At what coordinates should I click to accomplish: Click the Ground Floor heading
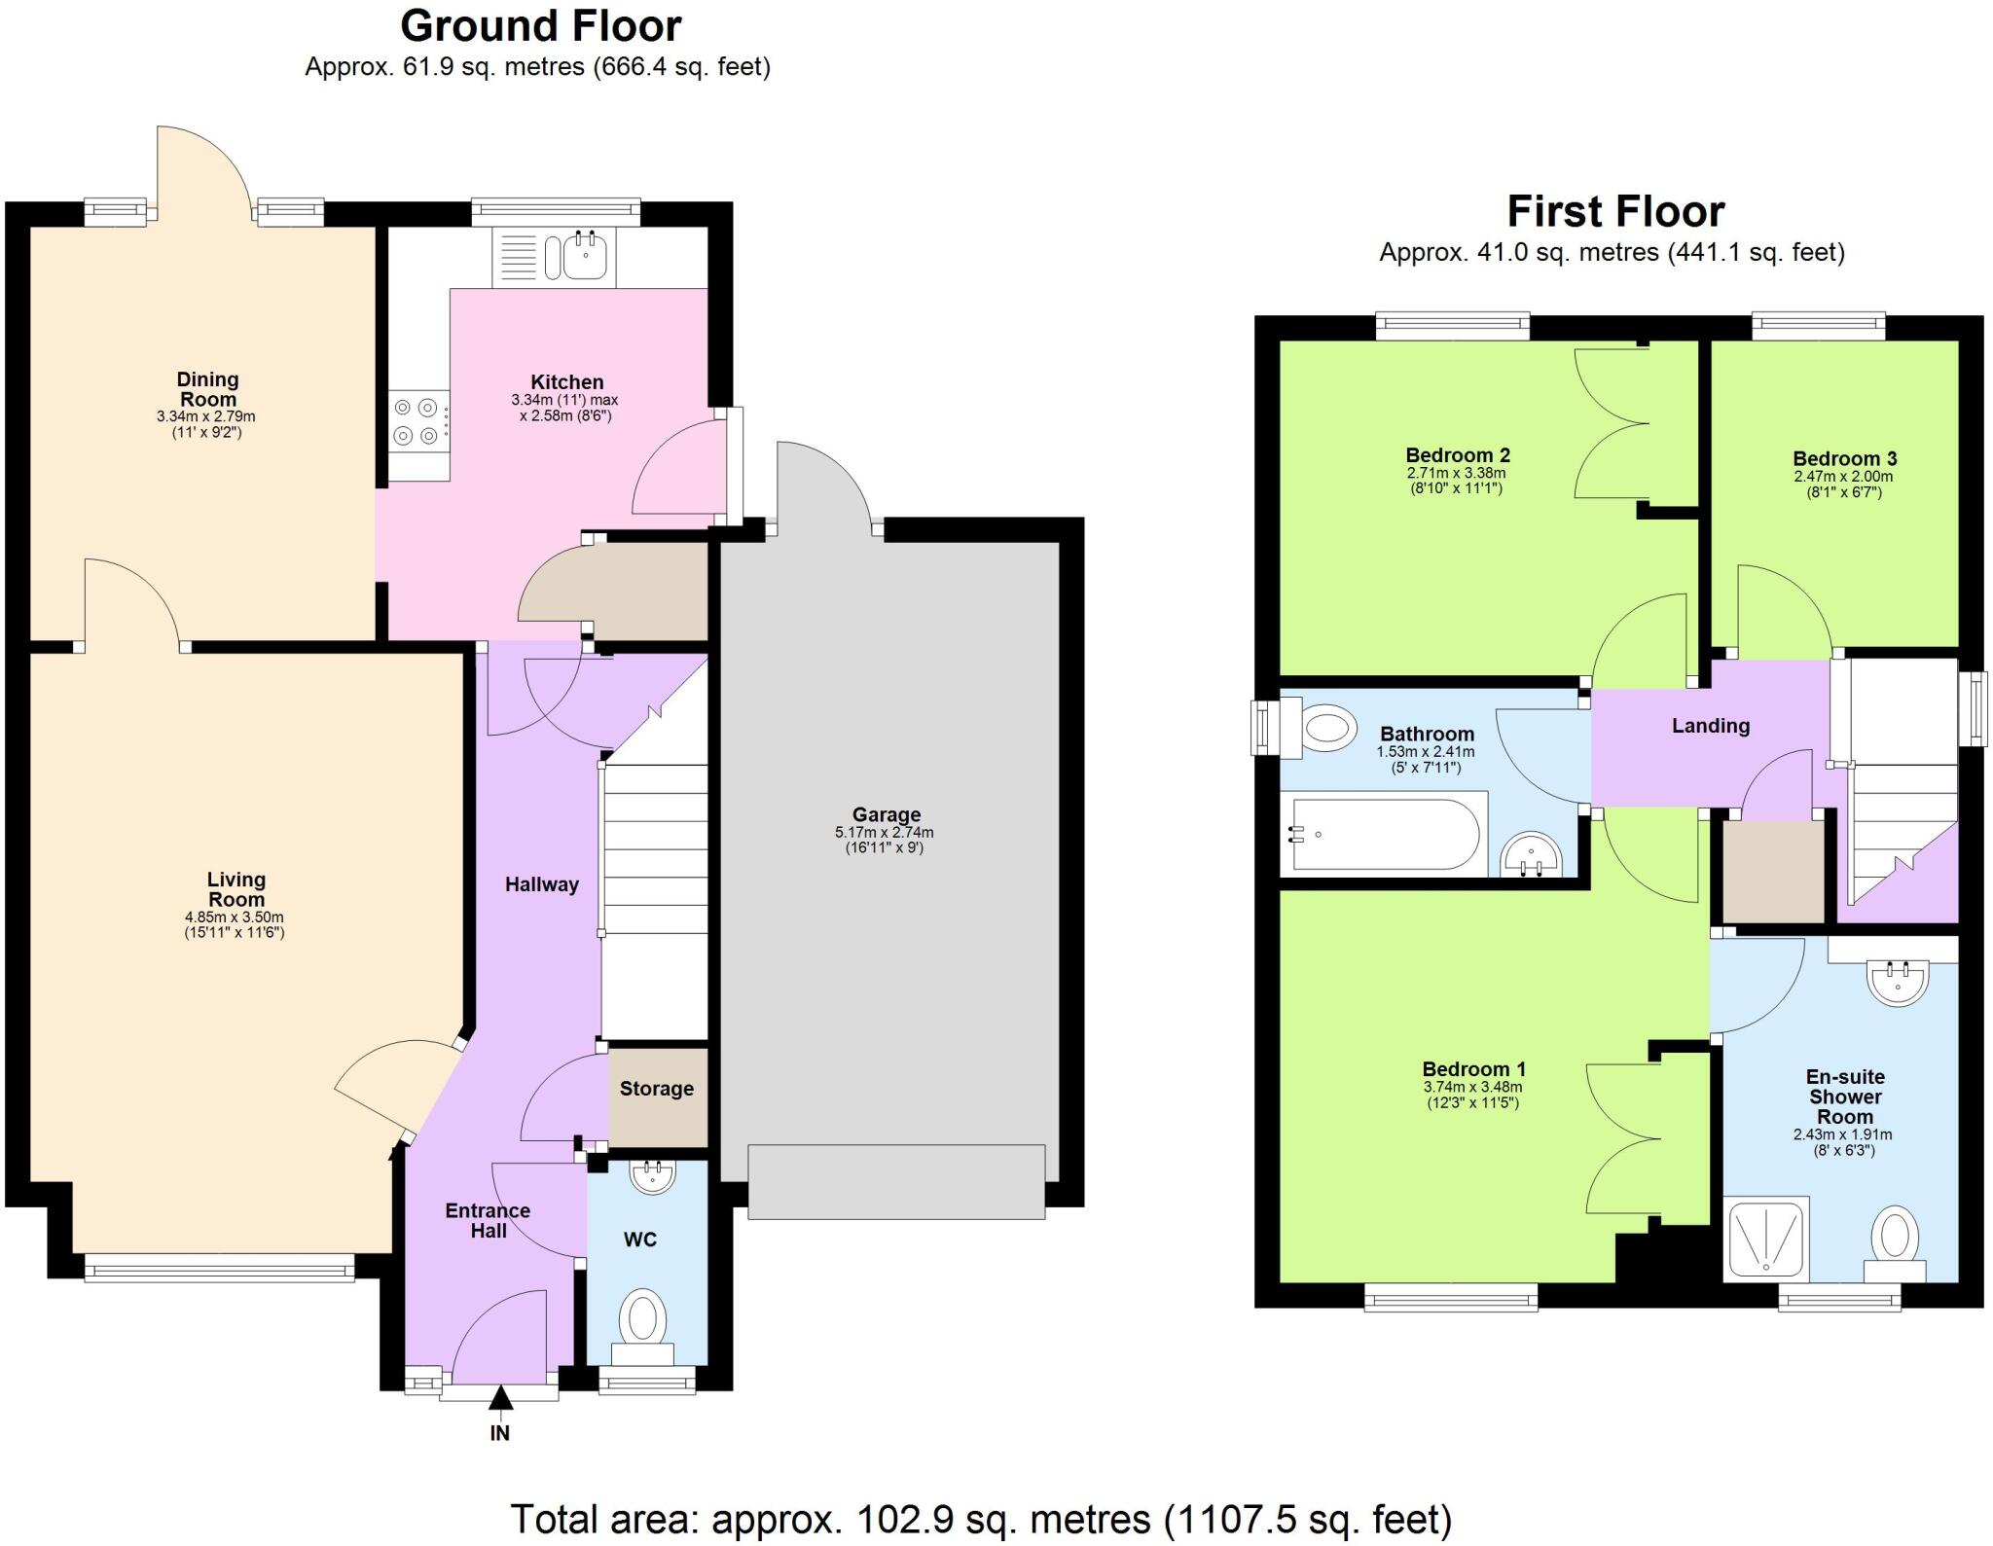pos(540,26)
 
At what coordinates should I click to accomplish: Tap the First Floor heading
pos(1615,211)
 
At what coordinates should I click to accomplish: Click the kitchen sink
pos(585,257)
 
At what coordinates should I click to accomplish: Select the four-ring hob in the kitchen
pos(417,422)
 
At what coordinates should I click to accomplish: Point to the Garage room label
pos(886,814)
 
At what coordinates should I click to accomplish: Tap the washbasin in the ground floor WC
pos(653,1176)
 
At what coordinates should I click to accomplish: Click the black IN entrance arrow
pos(500,1399)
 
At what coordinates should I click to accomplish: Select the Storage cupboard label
pos(657,1089)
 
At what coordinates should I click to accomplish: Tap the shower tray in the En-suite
pos(1765,1238)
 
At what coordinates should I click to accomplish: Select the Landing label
pos(1710,726)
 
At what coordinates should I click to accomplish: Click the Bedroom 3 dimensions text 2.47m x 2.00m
pos(1843,477)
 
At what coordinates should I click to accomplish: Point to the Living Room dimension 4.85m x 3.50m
pos(235,917)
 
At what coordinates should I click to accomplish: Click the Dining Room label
pos(207,389)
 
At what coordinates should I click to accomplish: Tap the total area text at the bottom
pos(981,1519)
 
